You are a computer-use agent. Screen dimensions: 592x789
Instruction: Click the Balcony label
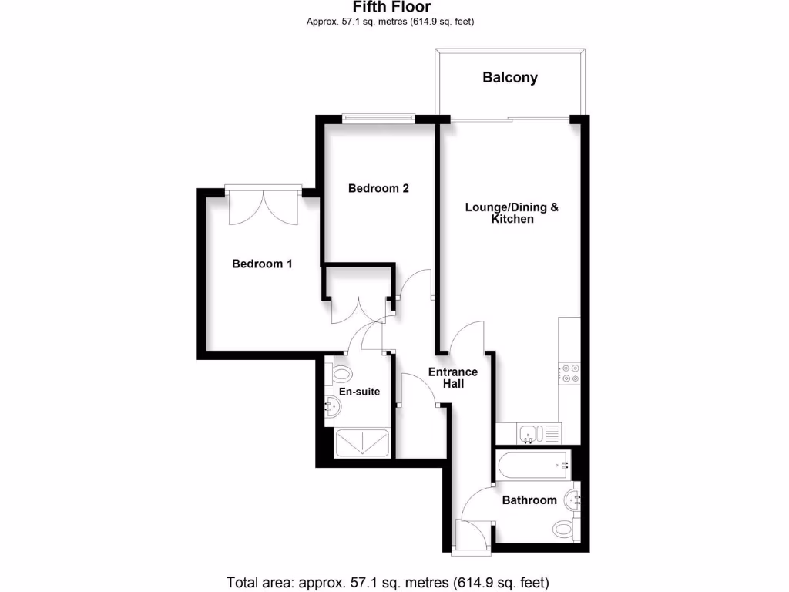[510, 77]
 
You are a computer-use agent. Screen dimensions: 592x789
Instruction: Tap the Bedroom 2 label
[378, 188]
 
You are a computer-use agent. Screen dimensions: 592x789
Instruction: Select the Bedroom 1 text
[263, 264]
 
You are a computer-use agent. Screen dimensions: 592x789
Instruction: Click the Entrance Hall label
[453, 378]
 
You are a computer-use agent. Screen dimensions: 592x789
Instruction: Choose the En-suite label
[360, 392]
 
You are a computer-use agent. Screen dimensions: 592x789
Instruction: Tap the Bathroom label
[529, 500]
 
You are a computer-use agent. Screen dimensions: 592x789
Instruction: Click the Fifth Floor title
[391, 7]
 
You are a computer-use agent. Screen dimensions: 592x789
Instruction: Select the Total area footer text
[388, 581]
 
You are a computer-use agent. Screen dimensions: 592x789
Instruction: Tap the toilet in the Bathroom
[564, 529]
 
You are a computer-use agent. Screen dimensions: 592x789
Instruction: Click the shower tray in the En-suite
[364, 443]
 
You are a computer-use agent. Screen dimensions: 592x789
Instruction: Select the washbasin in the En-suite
[332, 408]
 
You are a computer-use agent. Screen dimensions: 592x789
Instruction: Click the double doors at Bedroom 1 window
[264, 204]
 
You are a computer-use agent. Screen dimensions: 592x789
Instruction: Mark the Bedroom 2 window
[378, 118]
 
